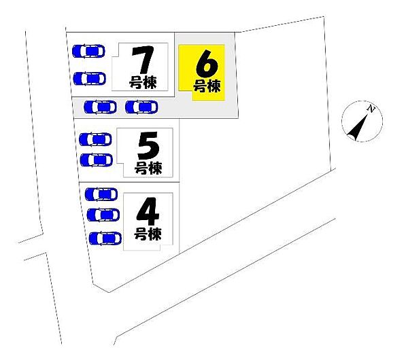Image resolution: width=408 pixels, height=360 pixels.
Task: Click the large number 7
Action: click(143, 60)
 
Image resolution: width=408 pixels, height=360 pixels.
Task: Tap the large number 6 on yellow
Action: click(207, 64)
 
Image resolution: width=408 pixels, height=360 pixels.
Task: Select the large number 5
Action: click(148, 145)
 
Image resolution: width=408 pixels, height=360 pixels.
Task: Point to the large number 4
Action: click(148, 211)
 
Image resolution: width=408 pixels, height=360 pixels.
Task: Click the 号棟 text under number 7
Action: click(143, 82)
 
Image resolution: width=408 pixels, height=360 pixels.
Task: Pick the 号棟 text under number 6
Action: click(207, 86)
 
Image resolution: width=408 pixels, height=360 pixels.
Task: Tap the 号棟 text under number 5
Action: click(148, 168)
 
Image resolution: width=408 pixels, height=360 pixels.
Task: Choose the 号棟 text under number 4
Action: click(148, 234)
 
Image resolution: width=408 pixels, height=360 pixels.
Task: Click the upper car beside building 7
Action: click(88, 51)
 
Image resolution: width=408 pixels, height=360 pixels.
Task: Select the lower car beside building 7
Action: click(90, 79)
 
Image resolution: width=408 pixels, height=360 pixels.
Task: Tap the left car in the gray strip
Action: click(100, 107)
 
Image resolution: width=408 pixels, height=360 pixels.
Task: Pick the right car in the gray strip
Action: click(141, 107)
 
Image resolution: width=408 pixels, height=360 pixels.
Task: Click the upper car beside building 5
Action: click(95, 139)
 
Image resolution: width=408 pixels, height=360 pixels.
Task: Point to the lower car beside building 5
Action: click(97, 160)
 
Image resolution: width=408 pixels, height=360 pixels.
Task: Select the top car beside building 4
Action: click(101, 194)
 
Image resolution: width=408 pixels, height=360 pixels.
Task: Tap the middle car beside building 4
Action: click(103, 215)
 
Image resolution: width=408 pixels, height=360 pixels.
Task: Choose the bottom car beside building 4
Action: click(105, 238)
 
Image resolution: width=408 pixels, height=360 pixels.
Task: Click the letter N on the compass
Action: click(371, 109)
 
